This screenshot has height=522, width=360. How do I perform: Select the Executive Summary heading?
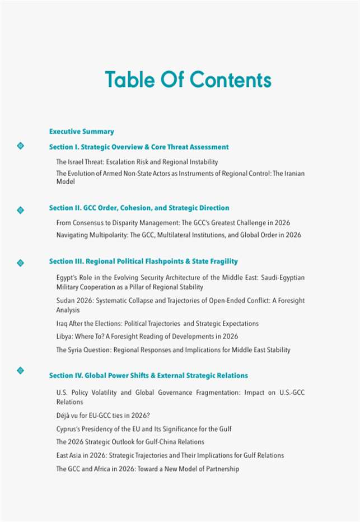click(x=82, y=132)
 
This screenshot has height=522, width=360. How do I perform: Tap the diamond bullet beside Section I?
click(x=21, y=146)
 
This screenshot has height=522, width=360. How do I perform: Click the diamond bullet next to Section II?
click(x=21, y=210)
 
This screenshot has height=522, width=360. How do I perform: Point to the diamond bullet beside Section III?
click(x=21, y=262)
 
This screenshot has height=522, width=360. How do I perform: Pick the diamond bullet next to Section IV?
click(x=21, y=370)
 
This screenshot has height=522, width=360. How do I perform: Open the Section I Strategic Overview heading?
click(x=139, y=147)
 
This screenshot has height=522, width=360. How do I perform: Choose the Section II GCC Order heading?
click(x=139, y=208)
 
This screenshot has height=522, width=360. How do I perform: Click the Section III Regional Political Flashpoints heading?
click(x=143, y=261)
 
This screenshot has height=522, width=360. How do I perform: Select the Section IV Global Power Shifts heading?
click(x=148, y=375)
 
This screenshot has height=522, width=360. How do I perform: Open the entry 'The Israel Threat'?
click(x=137, y=162)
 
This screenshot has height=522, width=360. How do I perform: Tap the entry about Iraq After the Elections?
click(x=157, y=323)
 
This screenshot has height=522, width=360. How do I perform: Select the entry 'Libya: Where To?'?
click(x=147, y=337)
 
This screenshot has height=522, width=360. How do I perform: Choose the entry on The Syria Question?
click(x=173, y=350)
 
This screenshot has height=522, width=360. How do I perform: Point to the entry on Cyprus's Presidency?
click(x=144, y=429)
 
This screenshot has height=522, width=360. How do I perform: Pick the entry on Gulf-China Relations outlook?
click(x=130, y=442)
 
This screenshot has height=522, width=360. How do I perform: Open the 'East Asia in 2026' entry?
click(x=170, y=455)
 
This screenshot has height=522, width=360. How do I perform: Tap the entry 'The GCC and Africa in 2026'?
click(x=147, y=469)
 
